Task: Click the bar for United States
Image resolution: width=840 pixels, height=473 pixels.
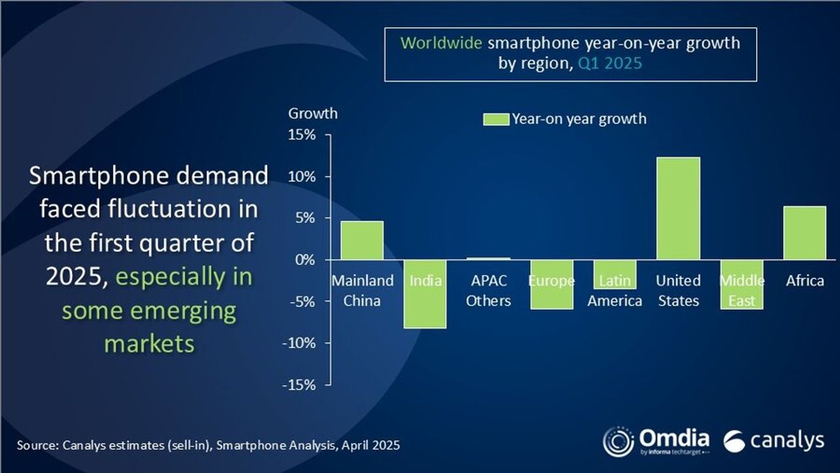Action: [678, 208]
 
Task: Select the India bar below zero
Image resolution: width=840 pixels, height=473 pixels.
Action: [425, 294]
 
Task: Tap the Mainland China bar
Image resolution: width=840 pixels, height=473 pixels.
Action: [362, 240]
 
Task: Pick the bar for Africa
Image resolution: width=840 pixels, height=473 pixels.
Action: [805, 233]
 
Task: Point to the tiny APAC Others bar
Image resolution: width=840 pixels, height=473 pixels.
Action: [488, 259]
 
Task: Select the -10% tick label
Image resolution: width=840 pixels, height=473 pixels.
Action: [300, 343]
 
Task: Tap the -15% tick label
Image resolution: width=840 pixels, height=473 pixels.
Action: [300, 384]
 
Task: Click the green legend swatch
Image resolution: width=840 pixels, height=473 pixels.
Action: [495, 119]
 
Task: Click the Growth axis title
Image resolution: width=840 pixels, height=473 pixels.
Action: [313, 113]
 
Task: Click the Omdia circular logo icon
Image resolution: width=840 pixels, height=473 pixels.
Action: [618, 441]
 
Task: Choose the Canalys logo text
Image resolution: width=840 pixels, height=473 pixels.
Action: [786, 441]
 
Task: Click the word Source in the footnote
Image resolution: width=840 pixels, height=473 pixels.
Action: [37, 445]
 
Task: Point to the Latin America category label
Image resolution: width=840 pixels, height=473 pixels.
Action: [615, 291]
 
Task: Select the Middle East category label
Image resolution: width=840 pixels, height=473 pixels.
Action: [742, 291]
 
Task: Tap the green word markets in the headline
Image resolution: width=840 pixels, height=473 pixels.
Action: [149, 343]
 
